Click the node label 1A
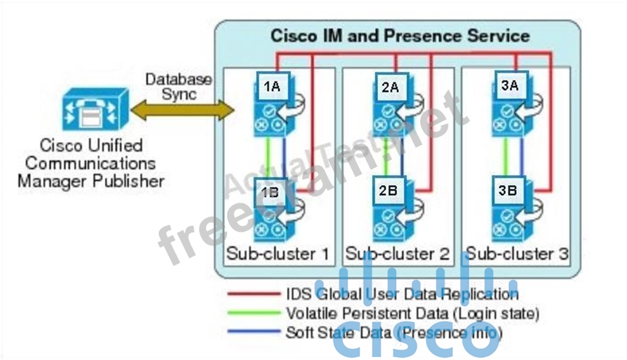click(272, 87)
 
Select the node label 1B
click(269, 193)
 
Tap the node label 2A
click(390, 87)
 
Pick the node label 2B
click(388, 192)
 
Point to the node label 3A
click(509, 85)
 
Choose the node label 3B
click(508, 192)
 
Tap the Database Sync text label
click(178, 86)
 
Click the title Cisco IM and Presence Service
click(400, 35)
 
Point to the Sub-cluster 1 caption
click(277, 254)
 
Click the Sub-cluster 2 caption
click(398, 254)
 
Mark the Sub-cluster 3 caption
click(517, 254)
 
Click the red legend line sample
click(251, 294)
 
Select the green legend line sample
click(251, 313)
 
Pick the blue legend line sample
click(251, 332)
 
